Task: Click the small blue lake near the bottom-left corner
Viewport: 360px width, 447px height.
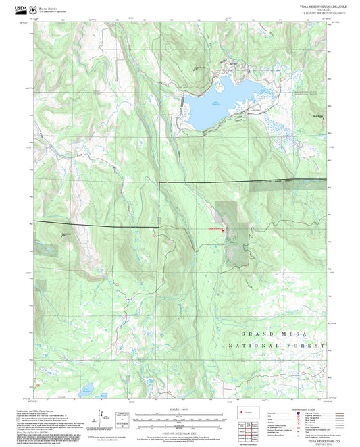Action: tap(86, 390)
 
